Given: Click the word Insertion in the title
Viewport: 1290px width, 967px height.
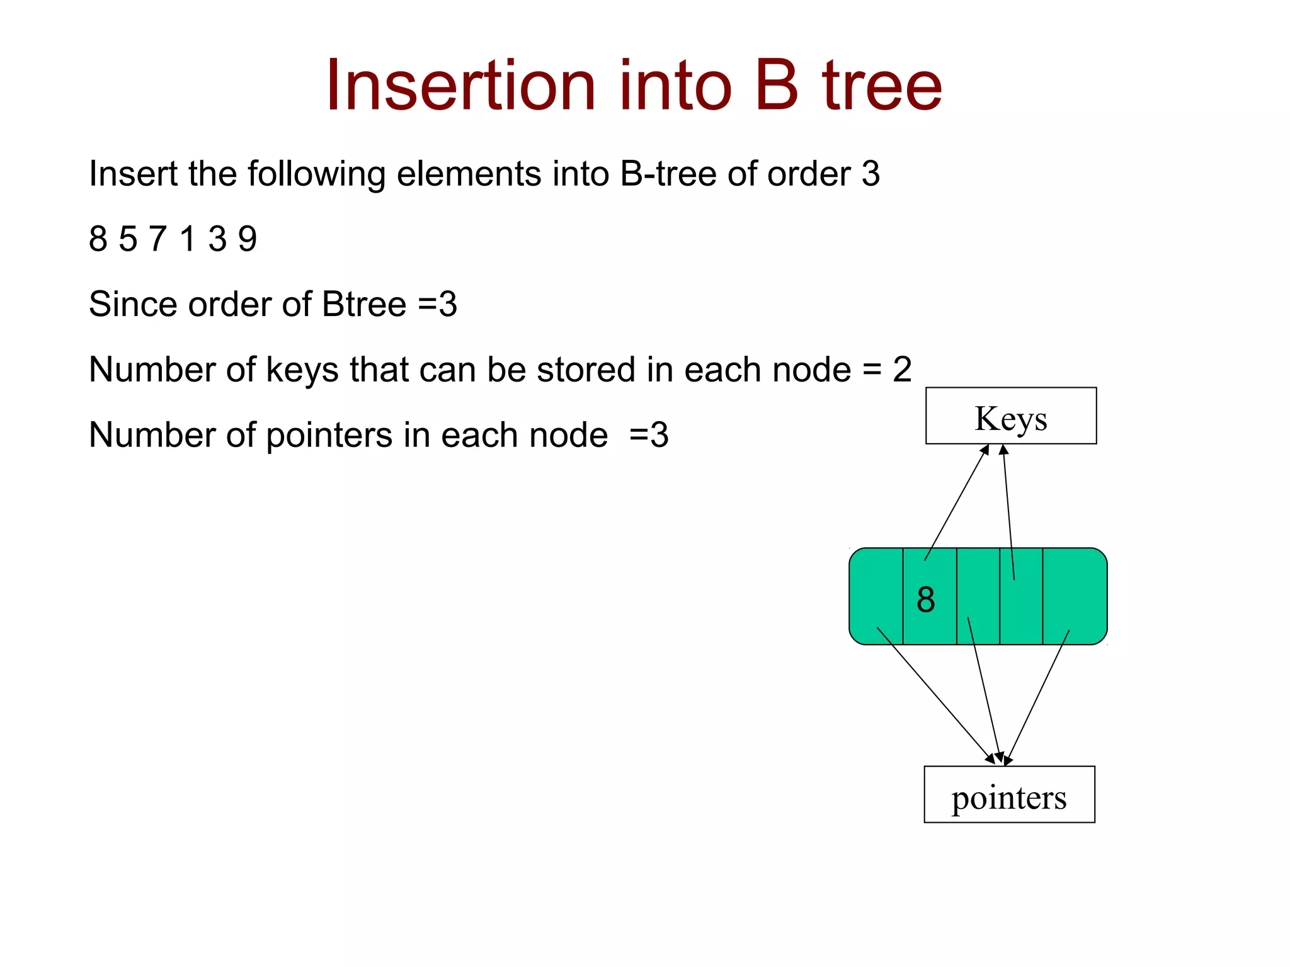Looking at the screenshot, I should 460,86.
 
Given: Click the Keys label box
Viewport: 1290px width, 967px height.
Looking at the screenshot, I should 1010,416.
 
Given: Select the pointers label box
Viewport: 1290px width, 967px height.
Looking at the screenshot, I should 1009,795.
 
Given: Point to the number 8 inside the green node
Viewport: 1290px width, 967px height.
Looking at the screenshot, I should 925,599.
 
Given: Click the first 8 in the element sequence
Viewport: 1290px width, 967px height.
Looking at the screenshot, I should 98,239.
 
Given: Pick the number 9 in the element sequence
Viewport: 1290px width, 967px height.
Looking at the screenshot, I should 248,239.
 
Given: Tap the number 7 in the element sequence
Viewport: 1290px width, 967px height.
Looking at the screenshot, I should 157,239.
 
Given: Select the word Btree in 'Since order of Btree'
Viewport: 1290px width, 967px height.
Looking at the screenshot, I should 363,304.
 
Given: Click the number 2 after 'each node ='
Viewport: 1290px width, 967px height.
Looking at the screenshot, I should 902,370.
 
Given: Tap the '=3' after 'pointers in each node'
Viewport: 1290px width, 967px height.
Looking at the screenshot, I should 649,435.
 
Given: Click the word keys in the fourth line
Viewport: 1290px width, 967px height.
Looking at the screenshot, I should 302,370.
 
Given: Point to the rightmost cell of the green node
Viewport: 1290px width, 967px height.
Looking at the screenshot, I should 1074,596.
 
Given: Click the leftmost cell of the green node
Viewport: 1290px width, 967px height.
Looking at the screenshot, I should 876,596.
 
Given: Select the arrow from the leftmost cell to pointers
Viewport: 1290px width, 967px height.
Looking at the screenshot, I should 935,695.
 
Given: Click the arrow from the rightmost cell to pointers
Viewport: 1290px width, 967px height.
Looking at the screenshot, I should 1037,698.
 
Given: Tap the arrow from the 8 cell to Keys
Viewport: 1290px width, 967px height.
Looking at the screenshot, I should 956,502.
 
